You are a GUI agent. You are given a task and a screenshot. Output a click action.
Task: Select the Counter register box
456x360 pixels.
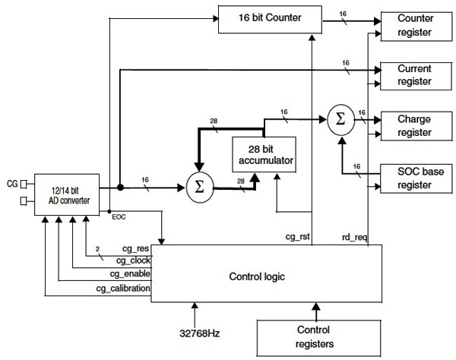(x=415, y=26)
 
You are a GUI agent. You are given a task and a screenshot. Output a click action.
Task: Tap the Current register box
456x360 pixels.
(x=415, y=74)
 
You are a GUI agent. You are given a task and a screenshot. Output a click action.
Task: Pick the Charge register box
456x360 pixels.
(x=415, y=125)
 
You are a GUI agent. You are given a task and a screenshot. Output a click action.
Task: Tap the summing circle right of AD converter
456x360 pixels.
(x=200, y=186)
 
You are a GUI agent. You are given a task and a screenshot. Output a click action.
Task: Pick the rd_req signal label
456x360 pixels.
(x=355, y=237)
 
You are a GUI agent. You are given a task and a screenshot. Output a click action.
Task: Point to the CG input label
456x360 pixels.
(x=11, y=182)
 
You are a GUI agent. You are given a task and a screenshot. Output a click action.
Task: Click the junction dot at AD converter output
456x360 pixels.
(x=120, y=186)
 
